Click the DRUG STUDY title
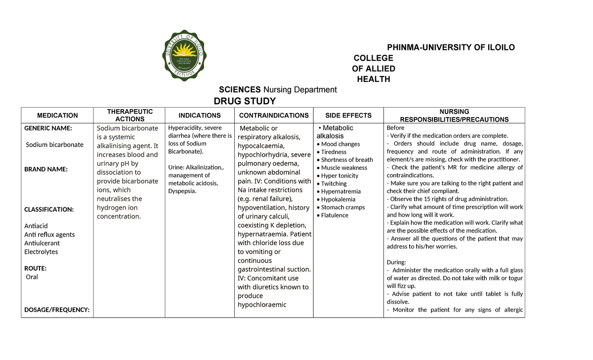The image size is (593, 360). (245, 101)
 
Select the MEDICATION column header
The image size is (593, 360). (57, 116)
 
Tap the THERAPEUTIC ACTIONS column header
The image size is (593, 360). (130, 115)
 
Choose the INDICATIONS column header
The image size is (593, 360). (200, 116)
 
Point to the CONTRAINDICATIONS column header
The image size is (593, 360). (274, 116)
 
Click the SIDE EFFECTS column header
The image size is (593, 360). (348, 116)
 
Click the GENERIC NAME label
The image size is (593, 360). (48, 128)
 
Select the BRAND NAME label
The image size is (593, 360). (46, 169)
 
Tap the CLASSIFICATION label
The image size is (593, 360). (49, 209)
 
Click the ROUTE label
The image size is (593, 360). (36, 268)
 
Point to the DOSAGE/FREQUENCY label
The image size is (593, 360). (57, 310)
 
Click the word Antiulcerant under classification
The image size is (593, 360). (42, 243)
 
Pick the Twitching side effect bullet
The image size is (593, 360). (334, 184)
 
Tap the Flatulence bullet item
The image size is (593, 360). (335, 215)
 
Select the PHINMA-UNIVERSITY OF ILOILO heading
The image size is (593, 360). (450, 47)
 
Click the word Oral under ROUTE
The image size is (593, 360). (32, 277)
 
